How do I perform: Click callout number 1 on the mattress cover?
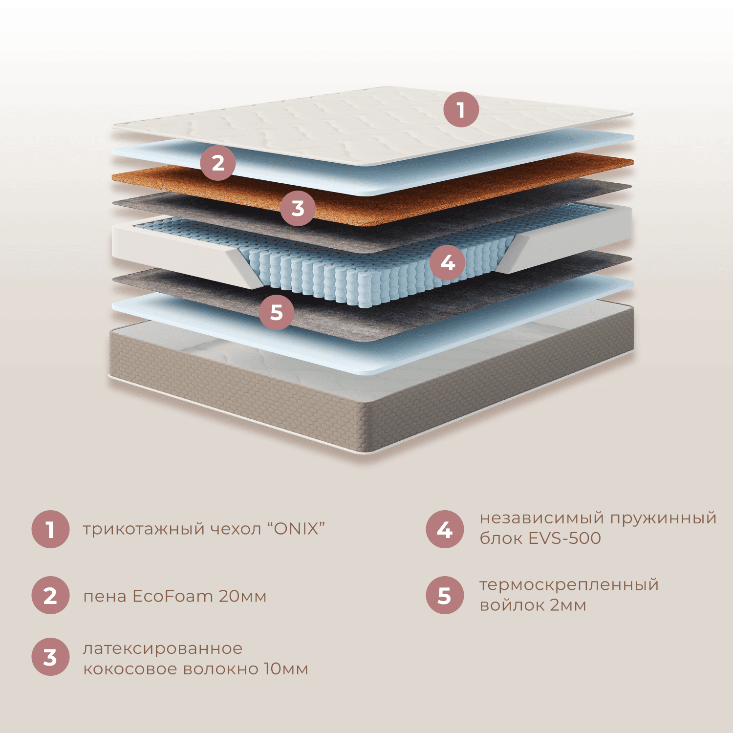click(461, 109)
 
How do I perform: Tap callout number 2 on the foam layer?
click(218, 163)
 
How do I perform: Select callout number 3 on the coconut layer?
click(298, 208)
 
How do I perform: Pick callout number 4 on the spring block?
click(448, 263)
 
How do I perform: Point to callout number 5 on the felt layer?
click(277, 312)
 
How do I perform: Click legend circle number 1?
click(50, 529)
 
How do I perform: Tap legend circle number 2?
click(50, 596)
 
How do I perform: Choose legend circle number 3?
click(50, 657)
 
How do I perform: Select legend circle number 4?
click(445, 529)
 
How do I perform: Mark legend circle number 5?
click(445, 596)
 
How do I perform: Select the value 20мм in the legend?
click(242, 596)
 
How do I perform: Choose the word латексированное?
click(163, 649)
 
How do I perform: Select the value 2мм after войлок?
click(568, 605)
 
